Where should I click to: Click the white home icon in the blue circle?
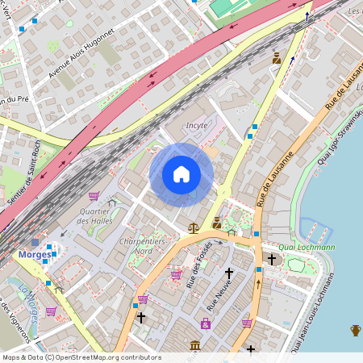coord(181,174)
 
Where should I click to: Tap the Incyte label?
coord(197,125)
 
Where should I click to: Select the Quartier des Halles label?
coord(94,215)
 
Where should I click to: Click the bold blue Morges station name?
coord(33,254)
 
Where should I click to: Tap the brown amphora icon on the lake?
coord(356,329)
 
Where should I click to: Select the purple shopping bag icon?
coord(206,324)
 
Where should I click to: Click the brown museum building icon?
coord(194,346)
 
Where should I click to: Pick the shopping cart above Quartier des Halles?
coord(94,196)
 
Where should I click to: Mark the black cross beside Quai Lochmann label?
coord(272,259)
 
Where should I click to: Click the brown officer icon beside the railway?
coord(277,58)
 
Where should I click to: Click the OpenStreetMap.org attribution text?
coord(107,357)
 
